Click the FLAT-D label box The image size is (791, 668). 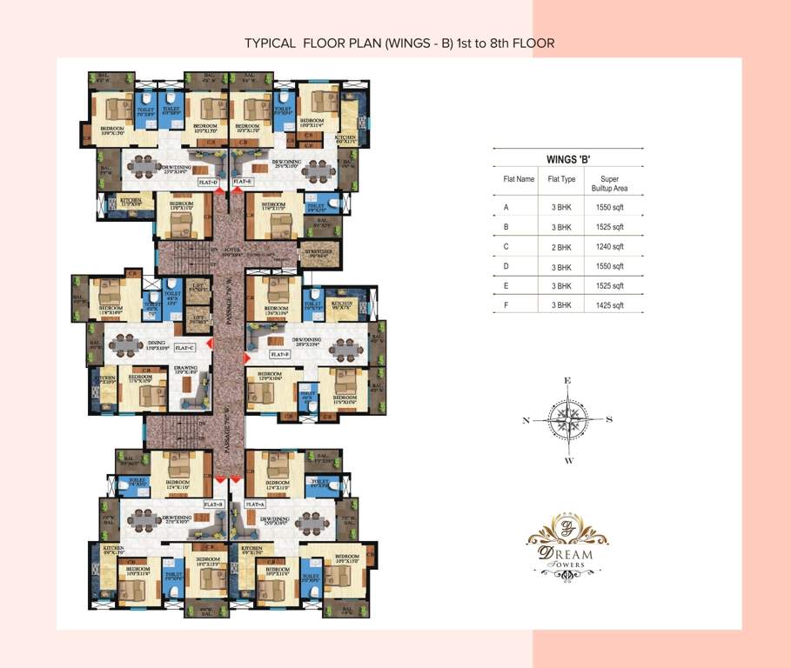(x=208, y=183)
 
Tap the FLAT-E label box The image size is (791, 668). (x=243, y=183)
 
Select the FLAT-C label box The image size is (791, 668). (x=184, y=347)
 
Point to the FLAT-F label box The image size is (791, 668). (x=279, y=354)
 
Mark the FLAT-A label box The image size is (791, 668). (x=254, y=504)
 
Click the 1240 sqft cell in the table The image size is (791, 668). (x=611, y=247)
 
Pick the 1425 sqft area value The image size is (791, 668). (x=611, y=305)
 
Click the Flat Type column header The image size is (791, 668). (x=561, y=179)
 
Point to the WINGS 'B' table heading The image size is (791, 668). (x=567, y=159)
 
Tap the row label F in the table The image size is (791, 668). (x=506, y=305)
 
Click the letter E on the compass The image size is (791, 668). (x=567, y=381)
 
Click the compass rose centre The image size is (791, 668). (x=567, y=420)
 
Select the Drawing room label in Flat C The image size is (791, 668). (x=185, y=369)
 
